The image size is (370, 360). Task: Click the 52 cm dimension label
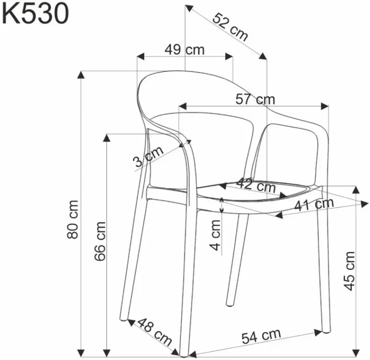(x=230, y=27)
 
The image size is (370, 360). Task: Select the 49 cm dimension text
(x=185, y=50)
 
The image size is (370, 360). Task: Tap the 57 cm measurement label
(x=255, y=99)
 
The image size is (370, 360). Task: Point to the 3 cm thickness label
(x=148, y=156)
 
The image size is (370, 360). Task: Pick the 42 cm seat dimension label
(x=256, y=185)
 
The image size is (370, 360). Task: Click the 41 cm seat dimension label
(x=314, y=204)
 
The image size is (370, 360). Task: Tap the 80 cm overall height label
(x=73, y=220)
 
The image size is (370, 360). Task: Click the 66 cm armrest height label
(x=100, y=241)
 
